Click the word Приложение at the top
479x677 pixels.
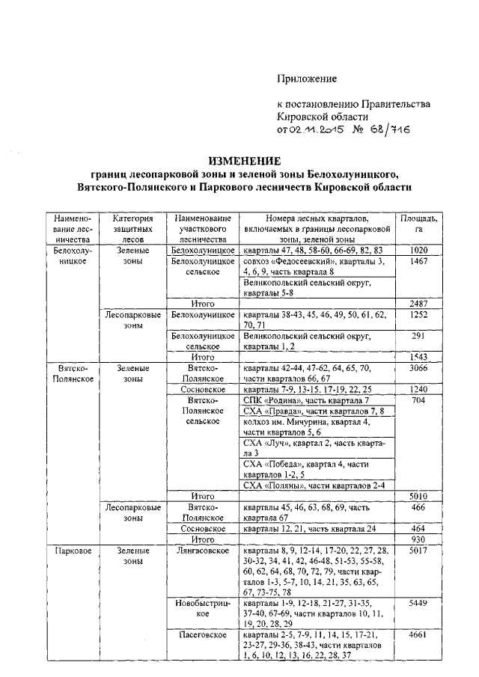click(x=307, y=79)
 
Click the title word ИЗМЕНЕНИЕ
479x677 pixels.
click(x=244, y=161)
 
